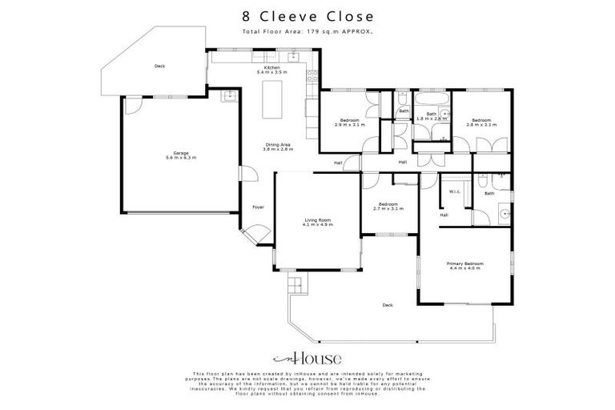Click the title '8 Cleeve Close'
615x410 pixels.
[x=307, y=16]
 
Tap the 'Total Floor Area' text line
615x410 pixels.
[x=307, y=31]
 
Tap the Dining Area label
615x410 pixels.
[x=278, y=147]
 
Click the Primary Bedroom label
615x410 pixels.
[x=464, y=265]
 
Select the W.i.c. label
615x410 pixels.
[x=453, y=191]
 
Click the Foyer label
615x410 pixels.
[x=258, y=207]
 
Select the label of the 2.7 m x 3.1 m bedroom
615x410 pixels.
[x=390, y=206]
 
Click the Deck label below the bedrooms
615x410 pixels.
[x=388, y=305]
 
